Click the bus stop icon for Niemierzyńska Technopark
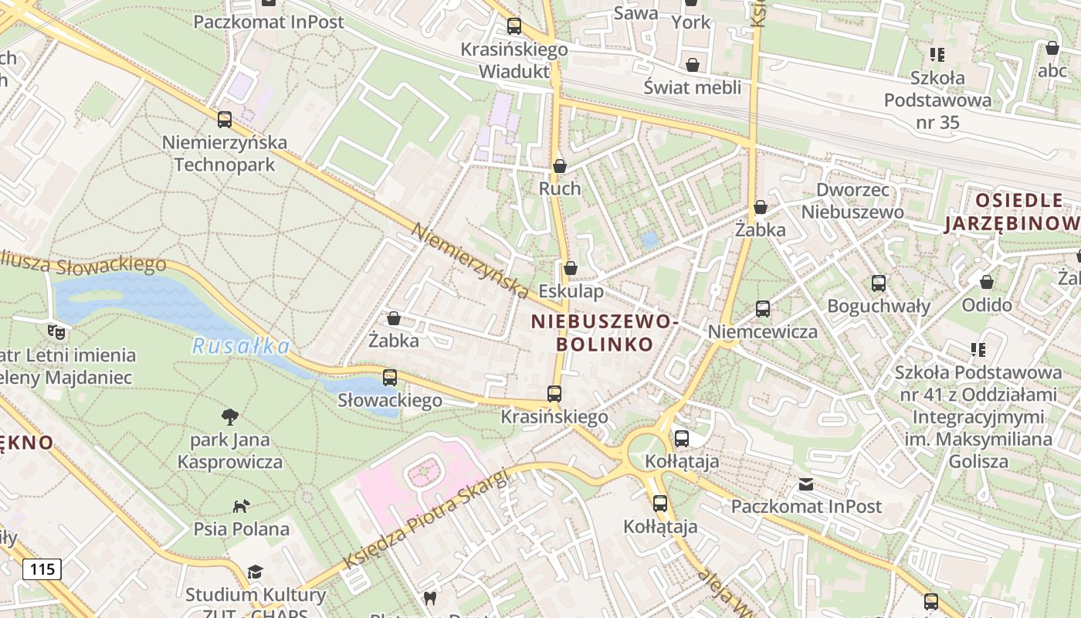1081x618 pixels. pyautogui.click(x=225, y=120)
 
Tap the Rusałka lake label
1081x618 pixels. pyautogui.click(x=240, y=347)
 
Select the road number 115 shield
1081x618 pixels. pyautogui.click(x=42, y=569)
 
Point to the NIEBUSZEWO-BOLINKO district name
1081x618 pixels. pyautogui.click(x=603, y=332)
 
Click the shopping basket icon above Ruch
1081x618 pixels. pyautogui.click(x=560, y=166)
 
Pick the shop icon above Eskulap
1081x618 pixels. pyautogui.click(x=571, y=268)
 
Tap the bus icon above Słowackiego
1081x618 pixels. pyautogui.click(x=390, y=378)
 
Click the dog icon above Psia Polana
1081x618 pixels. pyautogui.click(x=242, y=507)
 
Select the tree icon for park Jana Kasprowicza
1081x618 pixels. pyautogui.click(x=229, y=418)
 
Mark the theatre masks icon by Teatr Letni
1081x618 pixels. pyautogui.click(x=56, y=332)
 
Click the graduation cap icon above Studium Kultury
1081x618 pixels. pyautogui.click(x=255, y=572)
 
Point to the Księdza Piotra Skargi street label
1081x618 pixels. pyautogui.click(x=427, y=518)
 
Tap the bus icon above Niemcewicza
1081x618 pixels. pyautogui.click(x=763, y=309)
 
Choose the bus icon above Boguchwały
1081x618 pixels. pyautogui.click(x=879, y=284)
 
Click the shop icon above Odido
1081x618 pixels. pyautogui.click(x=987, y=282)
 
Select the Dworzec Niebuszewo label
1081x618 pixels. pyautogui.click(x=852, y=201)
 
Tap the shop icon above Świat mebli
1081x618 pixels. pyautogui.click(x=693, y=65)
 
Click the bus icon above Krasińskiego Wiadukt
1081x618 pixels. pyautogui.click(x=514, y=26)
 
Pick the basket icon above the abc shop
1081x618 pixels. pyautogui.click(x=1052, y=48)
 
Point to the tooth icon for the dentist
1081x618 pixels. pyautogui.click(x=430, y=597)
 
